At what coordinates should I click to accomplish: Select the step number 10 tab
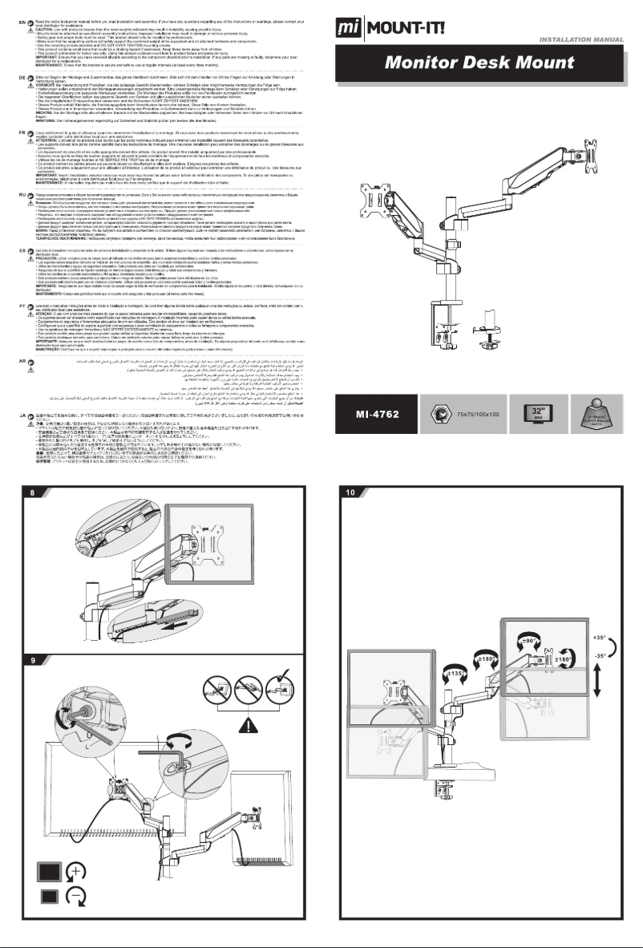pyautogui.click(x=350, y=492)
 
